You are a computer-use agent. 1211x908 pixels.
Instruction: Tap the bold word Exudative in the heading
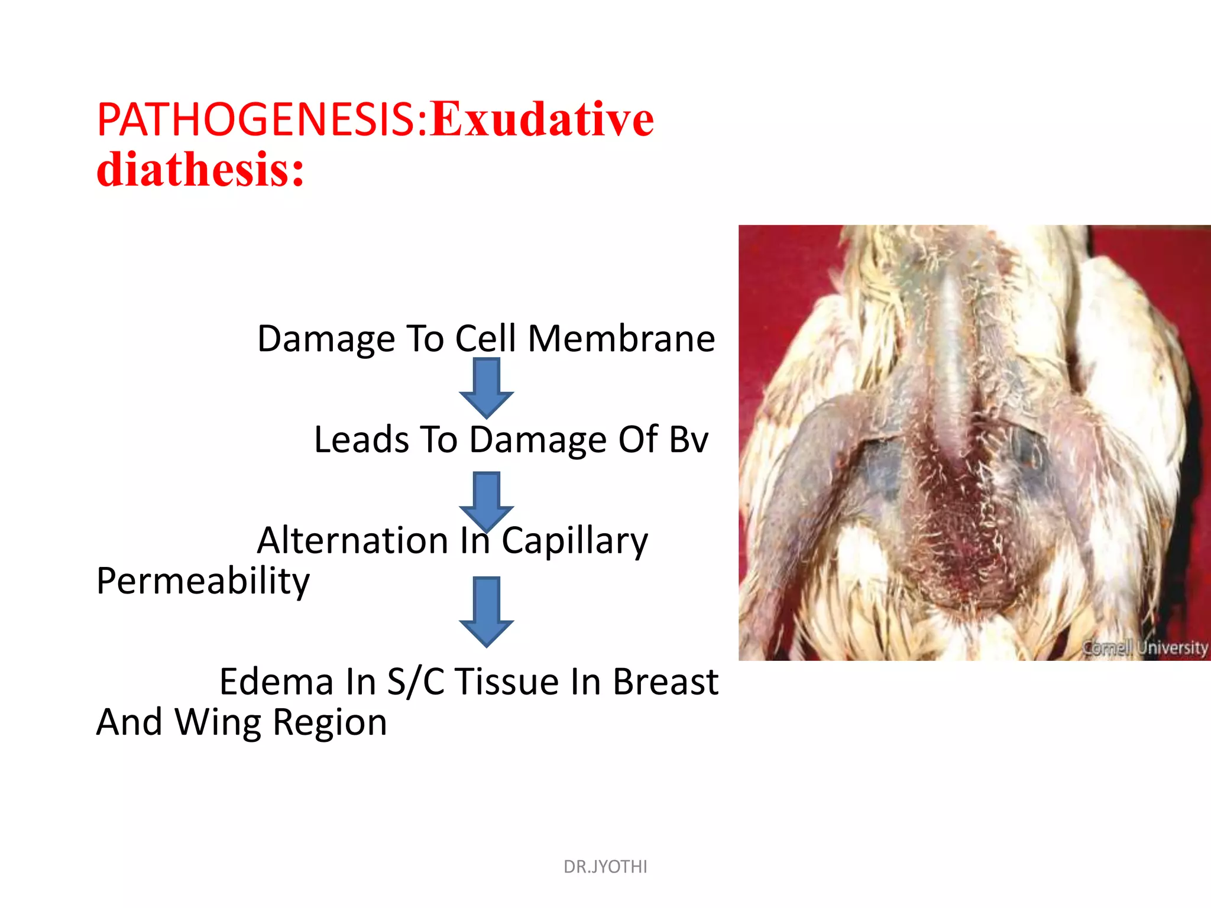542,120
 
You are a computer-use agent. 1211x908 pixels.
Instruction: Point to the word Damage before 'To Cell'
326,340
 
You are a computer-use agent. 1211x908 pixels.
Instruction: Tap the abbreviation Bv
688,440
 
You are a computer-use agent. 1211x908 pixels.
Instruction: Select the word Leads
361,440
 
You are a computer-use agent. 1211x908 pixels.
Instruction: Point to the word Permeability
203,582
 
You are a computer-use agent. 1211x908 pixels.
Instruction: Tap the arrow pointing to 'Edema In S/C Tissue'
486,611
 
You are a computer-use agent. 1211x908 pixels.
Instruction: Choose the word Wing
218,723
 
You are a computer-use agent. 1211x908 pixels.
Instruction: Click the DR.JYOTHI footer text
605,867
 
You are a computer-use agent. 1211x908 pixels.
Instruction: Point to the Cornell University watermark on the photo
1145,647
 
